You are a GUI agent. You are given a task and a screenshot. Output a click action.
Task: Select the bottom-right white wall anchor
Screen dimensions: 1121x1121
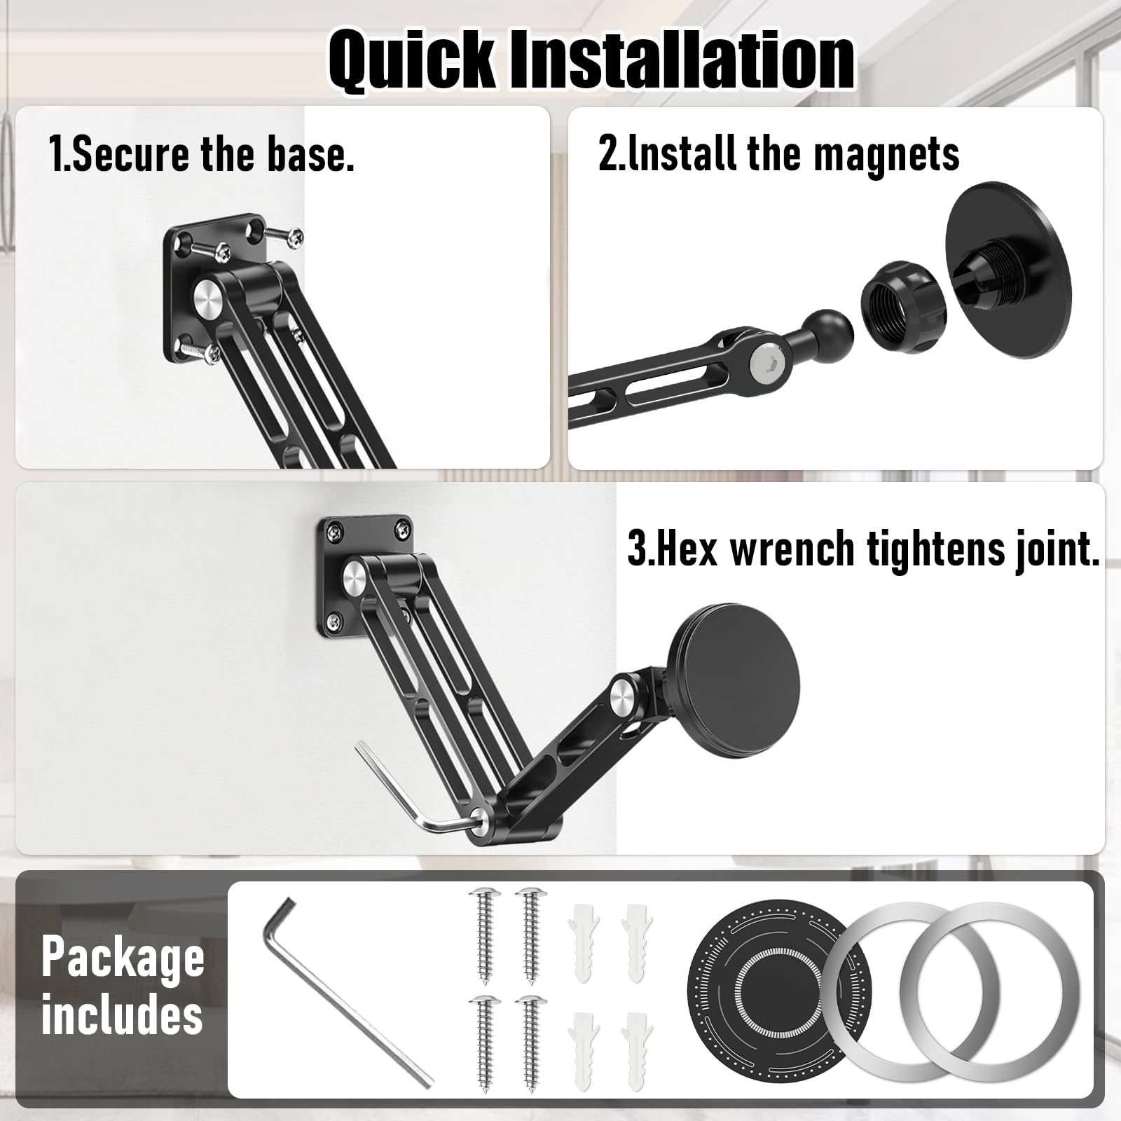coord(636,1050)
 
